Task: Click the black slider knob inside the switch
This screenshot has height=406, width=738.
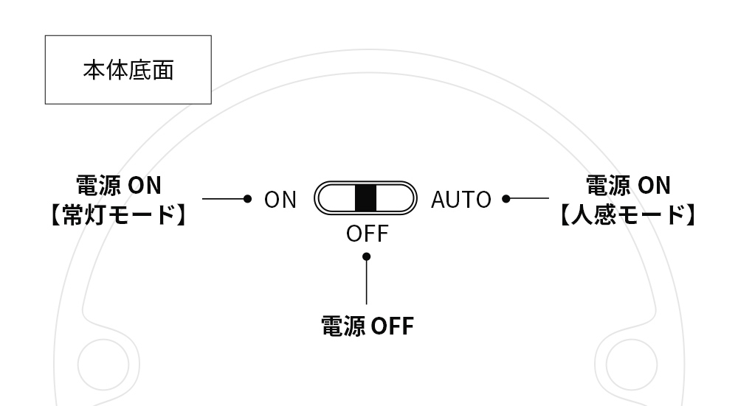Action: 365,198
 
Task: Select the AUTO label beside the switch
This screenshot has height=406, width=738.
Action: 461,199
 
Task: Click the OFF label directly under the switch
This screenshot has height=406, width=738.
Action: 367,234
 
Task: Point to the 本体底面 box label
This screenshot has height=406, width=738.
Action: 128,71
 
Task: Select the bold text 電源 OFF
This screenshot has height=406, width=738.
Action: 367,325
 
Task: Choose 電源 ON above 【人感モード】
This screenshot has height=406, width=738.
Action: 627,186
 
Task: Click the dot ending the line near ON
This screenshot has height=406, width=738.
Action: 248,198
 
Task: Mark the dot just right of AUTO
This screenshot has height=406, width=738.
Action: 506,198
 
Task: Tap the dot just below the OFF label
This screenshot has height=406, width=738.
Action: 367,256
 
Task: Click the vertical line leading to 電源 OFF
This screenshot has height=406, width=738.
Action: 367,284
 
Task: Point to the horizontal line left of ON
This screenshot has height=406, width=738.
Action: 224,198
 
